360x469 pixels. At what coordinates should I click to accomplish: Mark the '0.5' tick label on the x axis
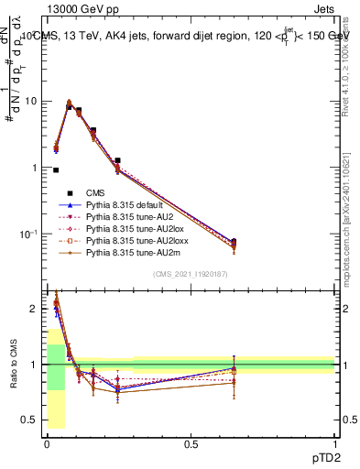(191, 443)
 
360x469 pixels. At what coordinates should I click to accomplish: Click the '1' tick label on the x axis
(334, 443)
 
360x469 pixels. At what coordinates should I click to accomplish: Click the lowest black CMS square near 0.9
(56, 170)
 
